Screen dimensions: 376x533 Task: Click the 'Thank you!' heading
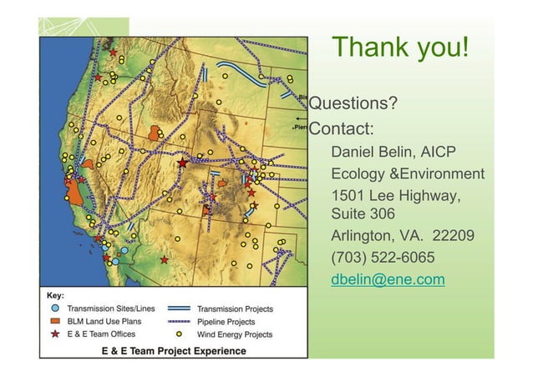pyautogui.click(x=400, y=47)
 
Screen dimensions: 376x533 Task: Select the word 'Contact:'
pyautogui.click(x=341, y=129)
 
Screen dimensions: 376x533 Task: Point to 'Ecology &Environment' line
pyautogui.click(x=408, y=174)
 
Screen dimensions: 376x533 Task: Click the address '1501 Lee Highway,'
pyautogui.click(x=395, y=195)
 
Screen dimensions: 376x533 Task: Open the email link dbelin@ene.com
pyautogui.click(x=388, y=279)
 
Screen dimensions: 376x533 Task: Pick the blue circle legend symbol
pyautogui.click(x=54, y=308)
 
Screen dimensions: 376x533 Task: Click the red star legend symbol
pyautogui.click(x=54, y=333)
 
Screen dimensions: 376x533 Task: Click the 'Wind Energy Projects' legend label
pyautogui.click(x=235, y=334)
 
